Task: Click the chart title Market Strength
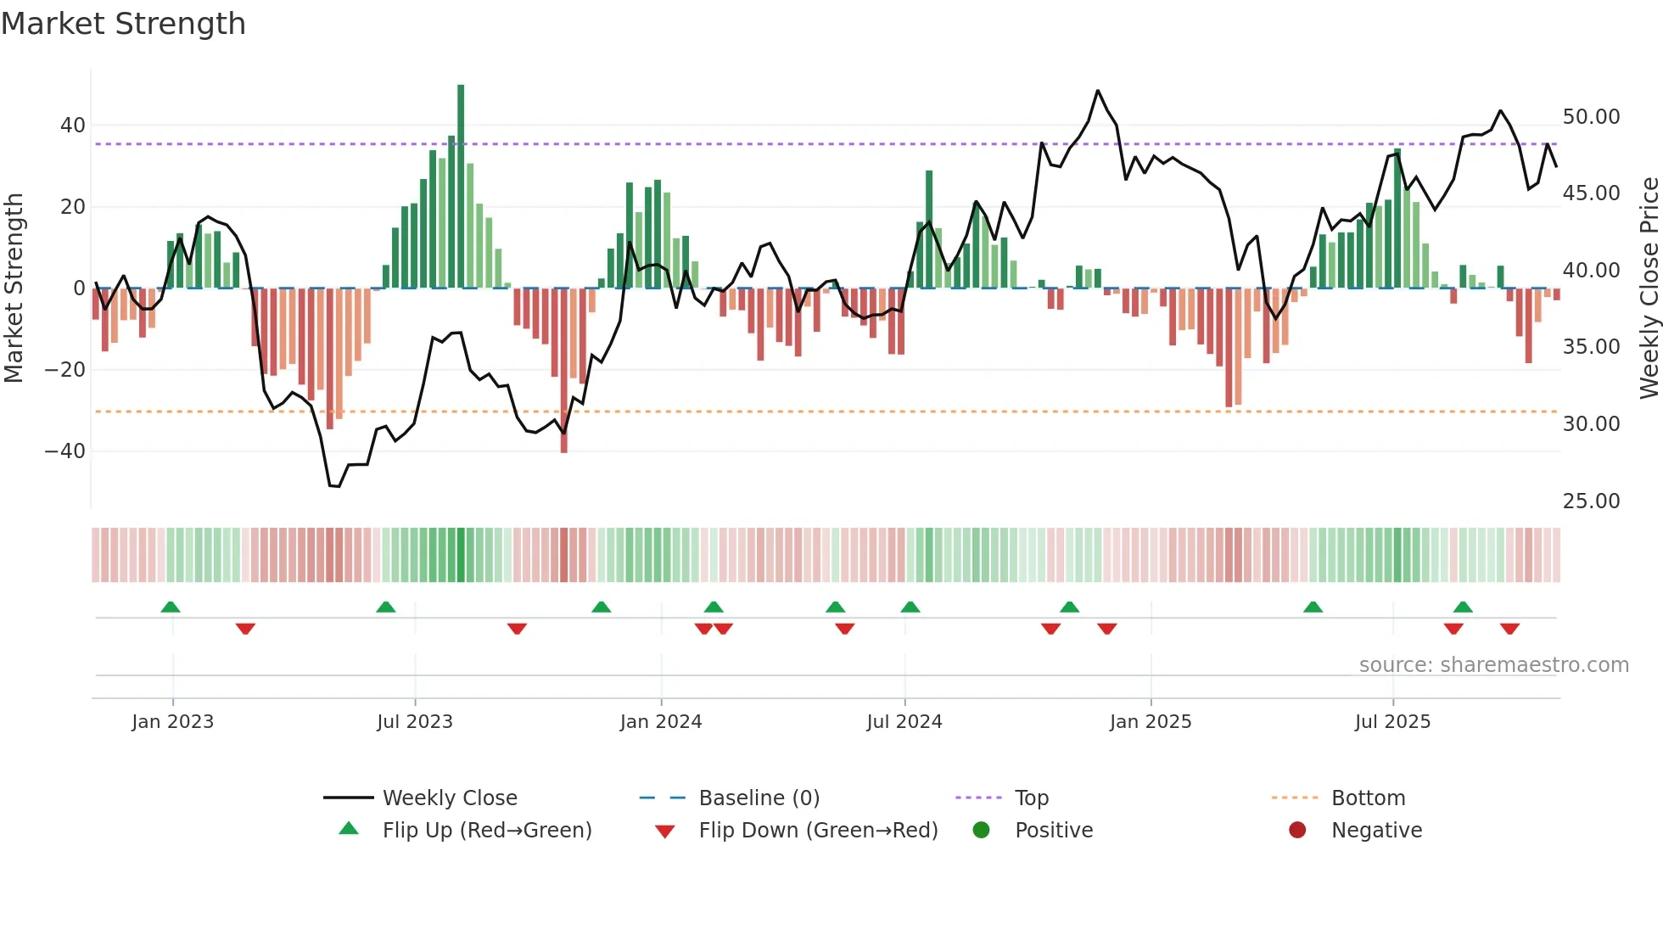123,24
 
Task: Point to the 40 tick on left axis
73,126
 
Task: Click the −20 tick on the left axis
64,370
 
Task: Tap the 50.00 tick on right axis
1591,117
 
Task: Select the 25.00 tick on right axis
1591,501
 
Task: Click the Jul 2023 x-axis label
415,722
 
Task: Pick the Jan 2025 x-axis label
1150,722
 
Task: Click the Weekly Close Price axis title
1649,288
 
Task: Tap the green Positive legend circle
982,831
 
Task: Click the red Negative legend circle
1297,831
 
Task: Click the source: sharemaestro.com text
1493,665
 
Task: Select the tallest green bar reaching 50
461,187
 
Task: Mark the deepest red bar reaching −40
564,373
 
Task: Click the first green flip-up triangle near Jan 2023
171,607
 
